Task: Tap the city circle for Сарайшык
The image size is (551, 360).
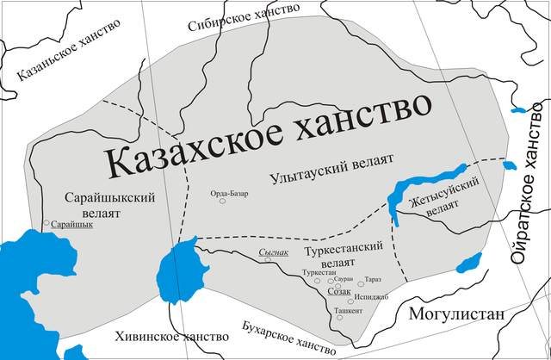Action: click(x=46, y=224)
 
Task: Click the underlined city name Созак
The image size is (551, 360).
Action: click(x=340, y=291)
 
